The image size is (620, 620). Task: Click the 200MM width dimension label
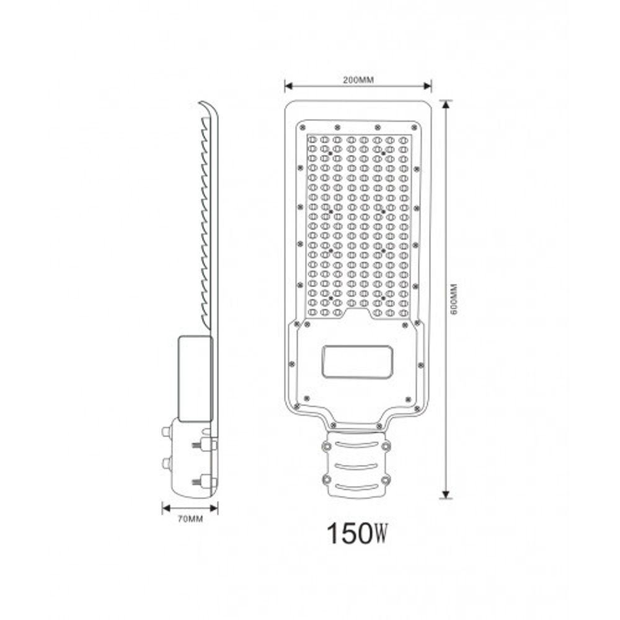(358, 79)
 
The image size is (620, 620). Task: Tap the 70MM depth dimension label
(189, 520)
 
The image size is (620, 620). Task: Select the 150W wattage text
(358, 533)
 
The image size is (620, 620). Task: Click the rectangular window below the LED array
(356, 362)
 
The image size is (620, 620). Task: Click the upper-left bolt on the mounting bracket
(324, 446)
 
